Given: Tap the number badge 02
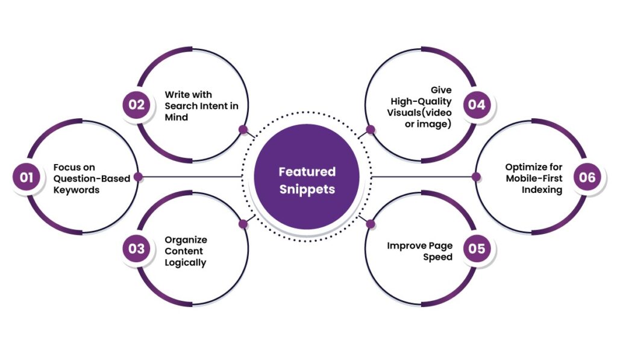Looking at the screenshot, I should click(x=137, y=104).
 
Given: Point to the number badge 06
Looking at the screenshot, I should click(x=587, y=177).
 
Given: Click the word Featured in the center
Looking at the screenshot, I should click(x=307, y=172).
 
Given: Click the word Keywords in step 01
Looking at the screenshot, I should click(x=76, y=189).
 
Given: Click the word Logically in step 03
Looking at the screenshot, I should click(x=186, y=262).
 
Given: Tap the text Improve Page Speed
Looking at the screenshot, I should click(x=419, y=251).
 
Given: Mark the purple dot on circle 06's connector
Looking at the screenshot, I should click(x=476, y=177).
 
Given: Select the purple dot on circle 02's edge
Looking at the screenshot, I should click(x=243, y=129).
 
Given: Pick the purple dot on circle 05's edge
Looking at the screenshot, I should click(x=371, y=224).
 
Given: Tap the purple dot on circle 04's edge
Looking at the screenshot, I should click(x=371, y=129).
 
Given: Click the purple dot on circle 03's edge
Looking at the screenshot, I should click(x=243, y=224).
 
